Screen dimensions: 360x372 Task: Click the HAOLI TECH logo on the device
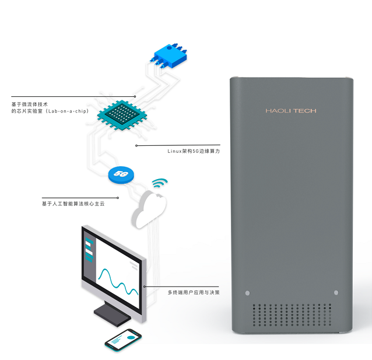click(290, 110)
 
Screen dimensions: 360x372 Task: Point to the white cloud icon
click(149, 208)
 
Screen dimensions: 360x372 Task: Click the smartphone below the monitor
click(124, 339)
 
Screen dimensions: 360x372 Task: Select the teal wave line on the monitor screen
click(117, 281)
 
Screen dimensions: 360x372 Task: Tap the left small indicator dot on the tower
click(247, 292)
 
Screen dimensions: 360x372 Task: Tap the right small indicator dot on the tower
click(335, 292)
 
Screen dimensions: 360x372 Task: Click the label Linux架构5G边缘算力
click(194, 151)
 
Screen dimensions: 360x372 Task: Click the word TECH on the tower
click(304, 110)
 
